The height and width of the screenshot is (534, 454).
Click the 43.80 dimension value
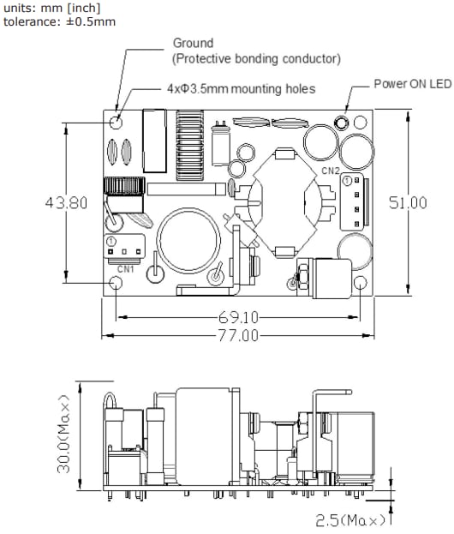[66, 203]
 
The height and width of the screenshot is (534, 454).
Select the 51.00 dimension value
[408, 203]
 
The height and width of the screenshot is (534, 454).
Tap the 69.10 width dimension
[237, 316]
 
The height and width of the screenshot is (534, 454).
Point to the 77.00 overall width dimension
[237, 335]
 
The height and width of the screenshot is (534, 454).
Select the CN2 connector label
[332, 171]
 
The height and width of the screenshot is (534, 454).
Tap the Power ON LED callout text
[412, 84]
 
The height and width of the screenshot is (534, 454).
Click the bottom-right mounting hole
[362, 283]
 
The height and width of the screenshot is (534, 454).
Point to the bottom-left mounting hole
[116, 283]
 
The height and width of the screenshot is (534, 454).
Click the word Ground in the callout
[193, 43]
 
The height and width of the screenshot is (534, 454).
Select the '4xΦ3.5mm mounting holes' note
[242, 88]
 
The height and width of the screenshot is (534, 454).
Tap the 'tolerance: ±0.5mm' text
[59, 21]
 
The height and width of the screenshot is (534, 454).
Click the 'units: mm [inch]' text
[52, 8]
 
